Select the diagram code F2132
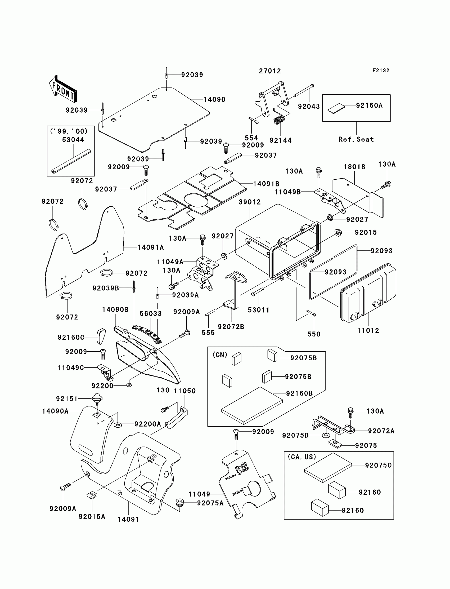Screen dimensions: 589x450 point(381,70)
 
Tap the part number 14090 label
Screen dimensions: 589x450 point(214,100)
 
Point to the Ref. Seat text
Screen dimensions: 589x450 point(356,139)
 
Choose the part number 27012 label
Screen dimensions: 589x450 point(270,71)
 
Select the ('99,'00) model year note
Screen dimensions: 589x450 point(69,131)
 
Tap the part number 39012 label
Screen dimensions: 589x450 point(250,202)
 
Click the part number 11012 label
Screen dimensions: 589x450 point(368,331)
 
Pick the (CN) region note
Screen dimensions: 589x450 point(220,355)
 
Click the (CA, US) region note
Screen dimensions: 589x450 point(302,457)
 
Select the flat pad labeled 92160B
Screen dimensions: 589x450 point(252,405)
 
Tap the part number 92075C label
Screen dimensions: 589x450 point(378,465)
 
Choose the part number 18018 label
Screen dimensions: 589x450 point(354,167)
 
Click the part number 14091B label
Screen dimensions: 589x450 point(266,184)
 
